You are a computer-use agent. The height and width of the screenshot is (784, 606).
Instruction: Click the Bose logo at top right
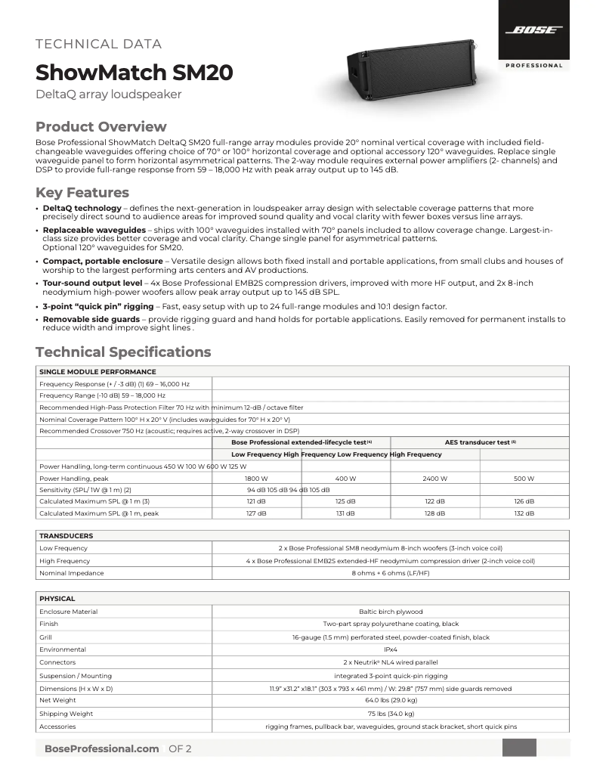click(x=534, y=31)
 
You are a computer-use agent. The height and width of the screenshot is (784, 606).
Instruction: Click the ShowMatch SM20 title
click(x=134, y=73)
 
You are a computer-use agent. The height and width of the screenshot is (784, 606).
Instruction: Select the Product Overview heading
click(x=101, y=126)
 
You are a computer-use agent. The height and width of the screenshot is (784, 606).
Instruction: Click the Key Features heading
click(x=82, y=192)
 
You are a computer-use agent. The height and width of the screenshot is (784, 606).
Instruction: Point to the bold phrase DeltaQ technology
click(x=82, y=208)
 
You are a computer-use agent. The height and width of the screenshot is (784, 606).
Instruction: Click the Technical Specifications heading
click(x=123, y=352)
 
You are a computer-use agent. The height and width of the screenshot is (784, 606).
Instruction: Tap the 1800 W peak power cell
click(x=257, y=479)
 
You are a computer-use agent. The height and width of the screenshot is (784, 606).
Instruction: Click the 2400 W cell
click(x=435, y=479)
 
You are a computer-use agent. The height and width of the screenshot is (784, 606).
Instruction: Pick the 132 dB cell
click(x=524, y=513)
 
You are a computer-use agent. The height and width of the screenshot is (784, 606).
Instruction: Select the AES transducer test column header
click(x=480, y=442)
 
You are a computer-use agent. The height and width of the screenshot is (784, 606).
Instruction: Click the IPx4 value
click(x=391, y=649)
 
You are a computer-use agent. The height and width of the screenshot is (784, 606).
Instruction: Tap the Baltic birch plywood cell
click(x=391, y=611)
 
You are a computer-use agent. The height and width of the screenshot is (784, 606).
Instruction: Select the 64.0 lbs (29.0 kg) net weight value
click(x=391, y=701)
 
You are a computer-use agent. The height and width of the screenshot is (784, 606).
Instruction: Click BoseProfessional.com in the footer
click(x=101, y=748)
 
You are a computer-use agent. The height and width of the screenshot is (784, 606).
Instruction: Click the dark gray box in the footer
click(x=519, y=748)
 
